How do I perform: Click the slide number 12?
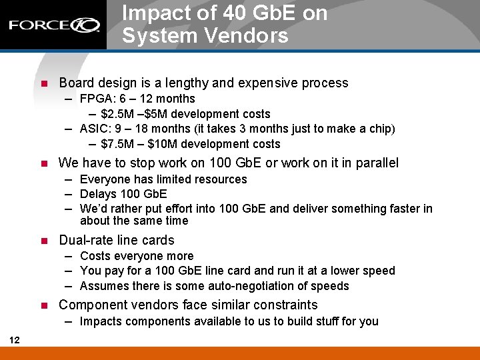coord(15,341)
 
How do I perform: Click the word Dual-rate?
coord(85,240)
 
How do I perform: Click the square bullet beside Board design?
coord(45,84)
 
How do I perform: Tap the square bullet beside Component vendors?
coord(45,306)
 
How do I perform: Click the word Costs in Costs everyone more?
coord(95,256)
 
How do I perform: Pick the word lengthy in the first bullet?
coord(183,83)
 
